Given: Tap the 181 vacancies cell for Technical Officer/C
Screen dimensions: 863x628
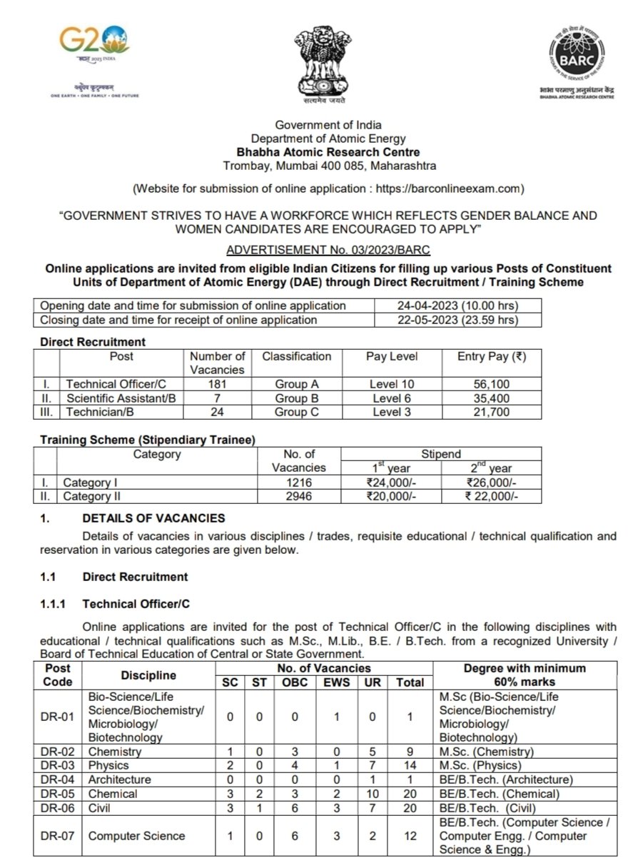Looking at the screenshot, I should [217, 384].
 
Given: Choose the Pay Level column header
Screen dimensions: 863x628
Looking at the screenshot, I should [392, 355].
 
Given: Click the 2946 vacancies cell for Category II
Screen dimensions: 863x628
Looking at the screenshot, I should [298, 496].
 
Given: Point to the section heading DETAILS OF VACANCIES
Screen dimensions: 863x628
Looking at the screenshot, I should [153, 518].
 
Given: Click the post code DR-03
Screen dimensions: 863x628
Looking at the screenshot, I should [58, 765].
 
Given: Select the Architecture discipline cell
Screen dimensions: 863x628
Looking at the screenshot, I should [119, 779].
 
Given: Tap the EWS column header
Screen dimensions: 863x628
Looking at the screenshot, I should [333, 682].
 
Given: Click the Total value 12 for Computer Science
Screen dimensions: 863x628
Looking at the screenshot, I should [410, 836].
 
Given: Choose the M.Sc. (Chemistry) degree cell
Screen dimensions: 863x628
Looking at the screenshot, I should [487, 752].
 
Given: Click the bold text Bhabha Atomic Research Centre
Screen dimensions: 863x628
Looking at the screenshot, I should [328, 152].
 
